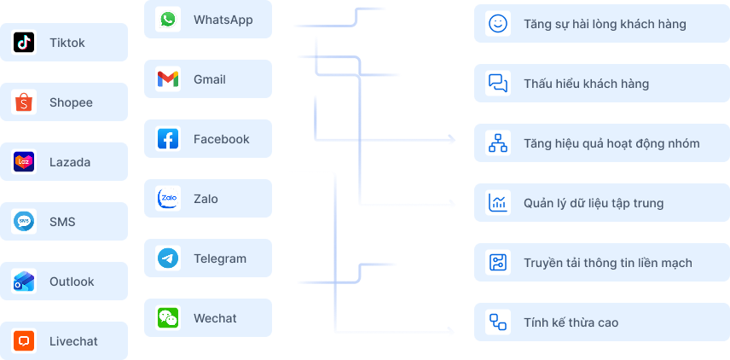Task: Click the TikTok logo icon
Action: (24, 43)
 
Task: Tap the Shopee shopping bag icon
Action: (24, 102)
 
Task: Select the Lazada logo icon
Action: (24, 161)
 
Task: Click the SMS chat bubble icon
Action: (24, 221)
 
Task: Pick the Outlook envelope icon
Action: (24, 282)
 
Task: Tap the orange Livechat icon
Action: (24, 341)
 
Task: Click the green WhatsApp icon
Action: (168, 19)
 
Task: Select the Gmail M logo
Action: (168, 79)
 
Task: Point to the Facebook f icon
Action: (168, 139)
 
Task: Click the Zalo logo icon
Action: (168, 199)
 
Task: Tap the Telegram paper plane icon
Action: (168, 258)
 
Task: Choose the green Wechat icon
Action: (168, 317)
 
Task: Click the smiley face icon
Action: (498, 23)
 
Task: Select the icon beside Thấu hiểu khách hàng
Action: (498, 84)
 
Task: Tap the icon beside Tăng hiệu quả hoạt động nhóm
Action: (498, 143)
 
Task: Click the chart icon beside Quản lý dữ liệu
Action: (498, 202)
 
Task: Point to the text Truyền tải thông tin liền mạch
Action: (607, 263)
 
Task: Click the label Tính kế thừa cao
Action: (571, 322)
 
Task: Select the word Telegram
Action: (220, 259)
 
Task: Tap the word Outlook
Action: (72, 282)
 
